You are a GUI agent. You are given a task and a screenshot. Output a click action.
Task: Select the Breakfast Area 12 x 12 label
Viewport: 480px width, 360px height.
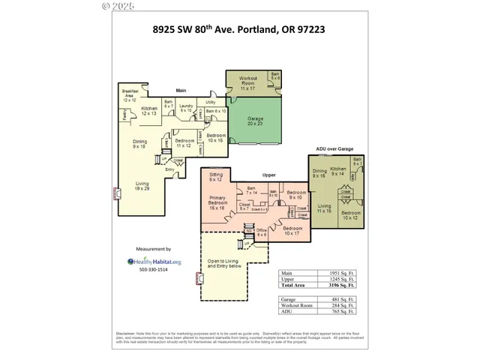(x=130, y=94)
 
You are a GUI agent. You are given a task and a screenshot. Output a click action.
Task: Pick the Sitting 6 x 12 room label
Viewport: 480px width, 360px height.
(x=216, y=178)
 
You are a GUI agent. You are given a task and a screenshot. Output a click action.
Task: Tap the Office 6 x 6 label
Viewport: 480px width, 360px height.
(x=262, y=233)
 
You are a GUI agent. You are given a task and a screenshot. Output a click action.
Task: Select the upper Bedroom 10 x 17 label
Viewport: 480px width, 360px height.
(x=292, y=231)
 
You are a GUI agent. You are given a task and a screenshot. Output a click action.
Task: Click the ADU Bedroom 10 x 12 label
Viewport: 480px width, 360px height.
(x=351, y=215)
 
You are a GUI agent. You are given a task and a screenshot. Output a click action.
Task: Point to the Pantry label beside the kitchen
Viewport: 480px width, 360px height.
(x=124, y=114)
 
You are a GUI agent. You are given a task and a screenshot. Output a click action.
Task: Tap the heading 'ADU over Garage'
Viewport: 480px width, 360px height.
(x=335, y=149)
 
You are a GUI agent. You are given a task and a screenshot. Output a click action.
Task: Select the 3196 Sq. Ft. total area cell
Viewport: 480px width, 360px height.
(x=341, y=286)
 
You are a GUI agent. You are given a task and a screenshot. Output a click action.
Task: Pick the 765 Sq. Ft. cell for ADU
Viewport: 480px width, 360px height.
(x=341, y=311)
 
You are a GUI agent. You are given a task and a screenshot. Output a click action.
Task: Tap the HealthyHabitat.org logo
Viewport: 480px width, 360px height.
(x=154, y=262)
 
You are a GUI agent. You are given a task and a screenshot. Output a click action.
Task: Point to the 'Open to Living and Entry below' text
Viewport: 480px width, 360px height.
(x=223, y=264)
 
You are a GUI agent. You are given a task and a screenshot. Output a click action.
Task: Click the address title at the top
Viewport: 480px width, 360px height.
(x=240, y=33)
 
